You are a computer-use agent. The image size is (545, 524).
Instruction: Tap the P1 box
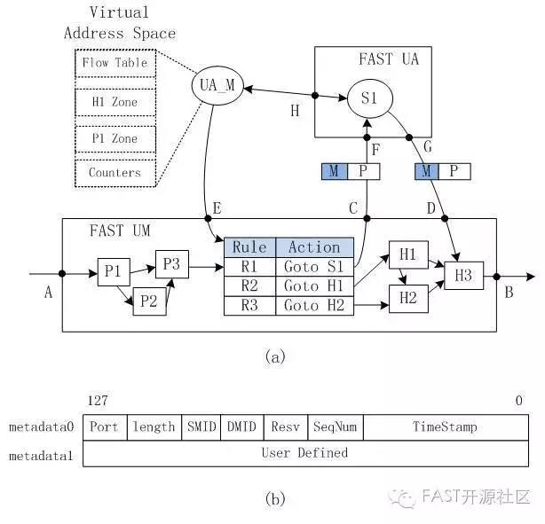pos(112,271)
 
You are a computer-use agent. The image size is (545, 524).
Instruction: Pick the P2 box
pos(148,301)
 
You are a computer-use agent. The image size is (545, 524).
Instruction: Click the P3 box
pos(171,264)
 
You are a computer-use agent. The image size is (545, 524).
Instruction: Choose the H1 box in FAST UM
pos(407,254)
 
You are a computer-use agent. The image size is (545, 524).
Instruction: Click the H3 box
pos(463,276)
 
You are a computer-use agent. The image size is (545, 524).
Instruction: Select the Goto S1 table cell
pos(314,266)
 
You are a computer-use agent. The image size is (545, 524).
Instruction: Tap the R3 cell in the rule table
pos(249,305)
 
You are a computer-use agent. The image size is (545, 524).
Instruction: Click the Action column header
pos(314,247)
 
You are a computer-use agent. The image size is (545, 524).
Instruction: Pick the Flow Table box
pos(115,64)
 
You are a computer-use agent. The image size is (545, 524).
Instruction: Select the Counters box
pos(115,172)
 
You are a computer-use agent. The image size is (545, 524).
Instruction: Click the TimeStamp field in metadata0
pos(445,426)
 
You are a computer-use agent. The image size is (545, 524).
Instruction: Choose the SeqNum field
pos(336,426)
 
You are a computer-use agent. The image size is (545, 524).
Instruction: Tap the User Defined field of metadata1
pos(304,453)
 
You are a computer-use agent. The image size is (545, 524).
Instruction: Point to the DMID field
pos(241,426)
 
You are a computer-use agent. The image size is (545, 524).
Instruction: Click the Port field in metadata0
pos(104,426)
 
